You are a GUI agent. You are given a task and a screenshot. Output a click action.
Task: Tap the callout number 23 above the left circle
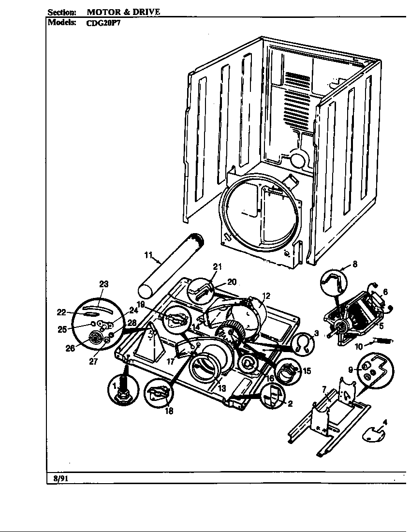click(x=104, y=284)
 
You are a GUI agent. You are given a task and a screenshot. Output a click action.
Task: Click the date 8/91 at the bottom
click(x=59, y=478)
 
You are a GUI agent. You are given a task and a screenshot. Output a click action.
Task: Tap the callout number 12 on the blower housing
click(x=266, y=296)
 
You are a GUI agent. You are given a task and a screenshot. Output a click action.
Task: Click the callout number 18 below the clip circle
click(x=169, y=411)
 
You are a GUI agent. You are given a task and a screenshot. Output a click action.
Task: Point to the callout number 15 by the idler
click(x=307, y=371)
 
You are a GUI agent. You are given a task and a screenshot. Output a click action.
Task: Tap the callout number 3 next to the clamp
click(x=316, y=333)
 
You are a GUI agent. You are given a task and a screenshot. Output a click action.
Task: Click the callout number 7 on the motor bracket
click(x=324, y=389)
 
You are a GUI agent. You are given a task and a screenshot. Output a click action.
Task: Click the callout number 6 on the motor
click(x=385, y=292)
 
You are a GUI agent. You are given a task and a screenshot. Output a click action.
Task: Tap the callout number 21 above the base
click(x=217, y=266)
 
